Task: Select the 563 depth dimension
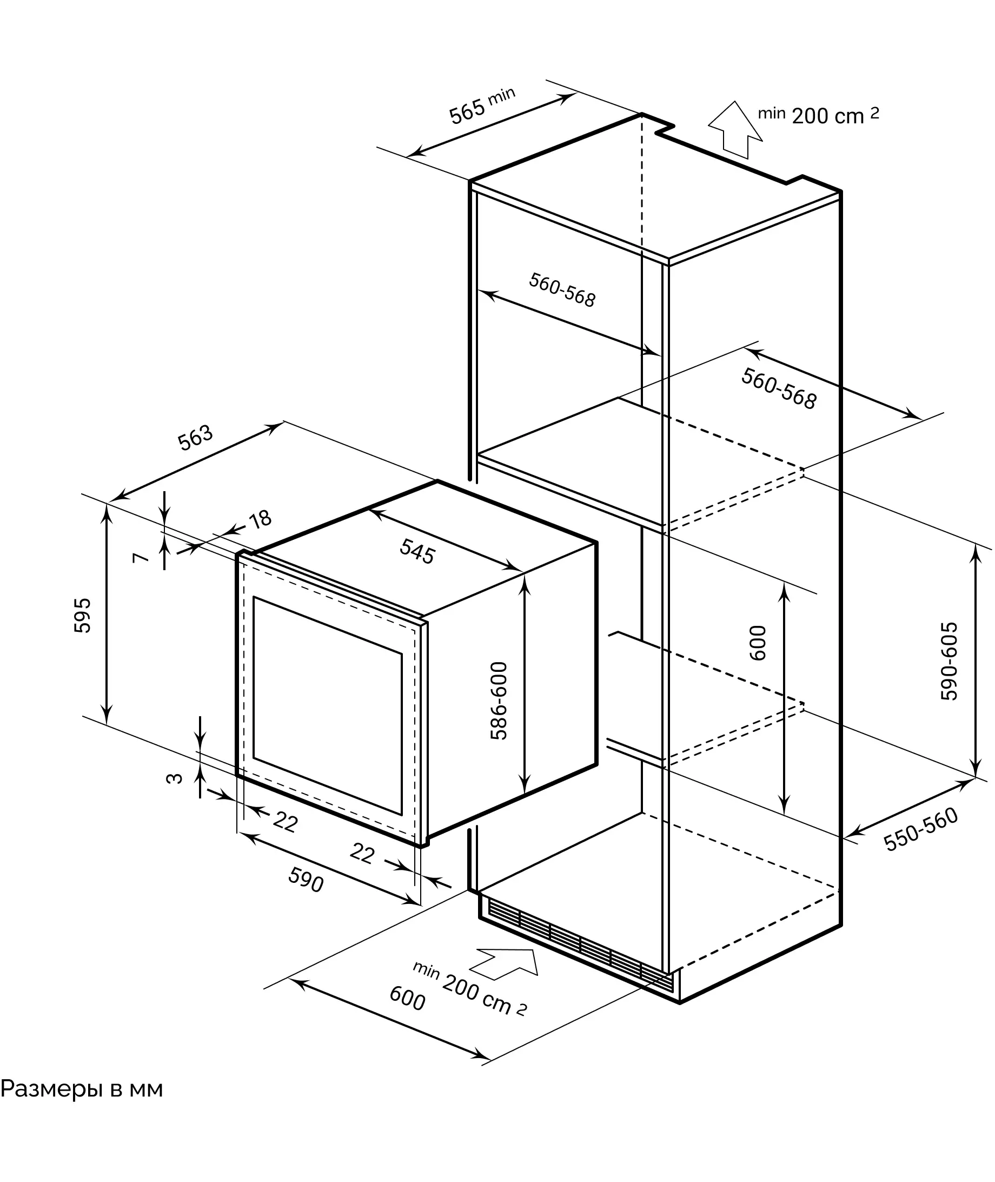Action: [x=195, y=437]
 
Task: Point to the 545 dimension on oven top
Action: [x=417, y=551]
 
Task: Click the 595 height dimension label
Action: [x=82, y=615]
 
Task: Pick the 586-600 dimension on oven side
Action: [x=499, y=700]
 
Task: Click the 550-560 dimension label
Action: [x=920, y=829]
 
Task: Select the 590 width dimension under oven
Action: [x=306, y=879]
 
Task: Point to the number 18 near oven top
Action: [x=260, y=519]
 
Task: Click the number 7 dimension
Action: [x=141, y=557]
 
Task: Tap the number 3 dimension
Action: [x=175, y=778]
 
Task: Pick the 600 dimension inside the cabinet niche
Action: [x=758, y=643]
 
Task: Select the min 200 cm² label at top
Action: [x=818, y=115]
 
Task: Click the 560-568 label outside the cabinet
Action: [x=778, y=388]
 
